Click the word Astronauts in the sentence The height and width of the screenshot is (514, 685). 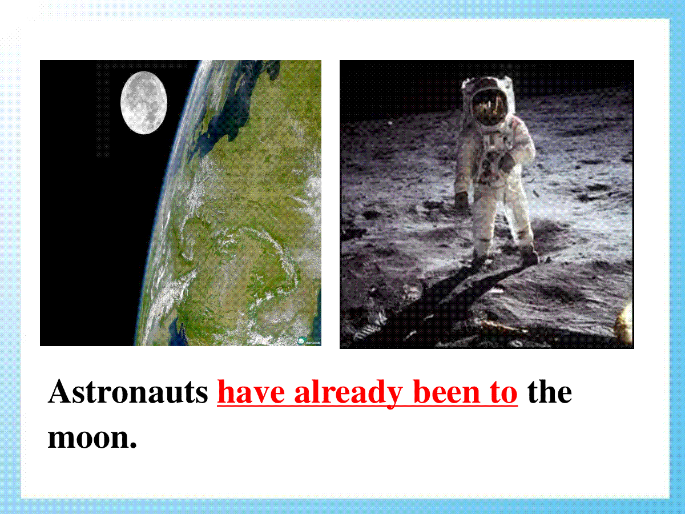click(128, 392)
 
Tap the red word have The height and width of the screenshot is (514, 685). click(251, 392)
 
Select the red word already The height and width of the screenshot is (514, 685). click(348, 394)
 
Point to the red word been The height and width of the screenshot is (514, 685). click(446, 392)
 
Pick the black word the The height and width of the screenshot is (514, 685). click(550, 392)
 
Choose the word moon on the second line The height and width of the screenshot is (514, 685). click(88, 438)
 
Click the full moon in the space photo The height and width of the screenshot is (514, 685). click(143, 103)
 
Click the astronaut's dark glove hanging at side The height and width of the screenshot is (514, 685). click(462, 200)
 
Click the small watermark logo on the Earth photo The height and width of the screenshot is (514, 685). click(309, 342)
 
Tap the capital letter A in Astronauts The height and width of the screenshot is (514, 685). click(60, 392)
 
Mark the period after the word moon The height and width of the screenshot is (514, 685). click(133, 445)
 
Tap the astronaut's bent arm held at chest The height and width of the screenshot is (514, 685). click(515, 156)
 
